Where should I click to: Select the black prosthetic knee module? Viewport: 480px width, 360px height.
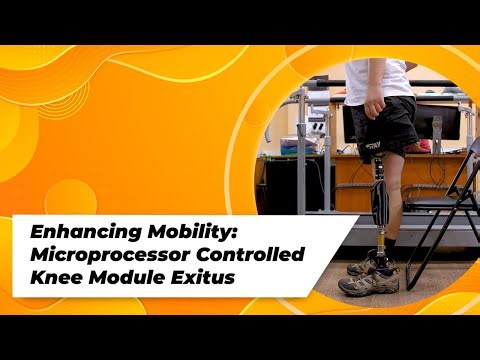coord(380,200)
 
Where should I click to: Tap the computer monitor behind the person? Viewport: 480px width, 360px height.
coord(440,120)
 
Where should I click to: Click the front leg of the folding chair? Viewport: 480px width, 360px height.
coord(425,250)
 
